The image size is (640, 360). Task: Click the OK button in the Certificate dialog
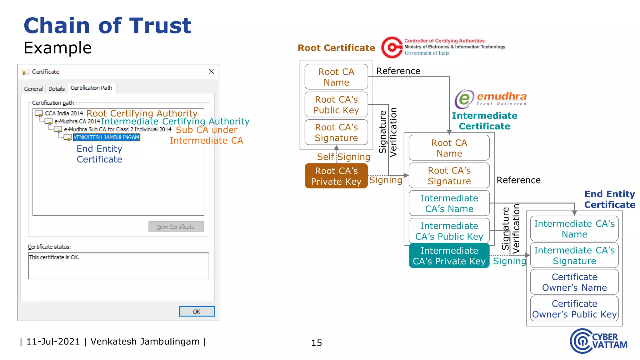(197, 311)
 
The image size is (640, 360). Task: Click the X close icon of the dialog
(211, 72)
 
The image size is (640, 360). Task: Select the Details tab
(56, 89)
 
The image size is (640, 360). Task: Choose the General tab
(33, 89)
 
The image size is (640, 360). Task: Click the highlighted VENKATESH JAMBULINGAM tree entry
(106, 137)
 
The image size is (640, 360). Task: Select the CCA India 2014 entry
(64, 113)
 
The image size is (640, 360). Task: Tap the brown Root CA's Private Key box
(336, 176)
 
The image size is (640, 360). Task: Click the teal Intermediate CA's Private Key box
(449, 256)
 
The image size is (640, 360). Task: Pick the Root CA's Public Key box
(336, 105)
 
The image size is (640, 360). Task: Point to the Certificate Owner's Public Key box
(574, 309)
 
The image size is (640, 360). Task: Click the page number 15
(316, 343)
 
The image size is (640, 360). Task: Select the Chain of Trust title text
(107, 26)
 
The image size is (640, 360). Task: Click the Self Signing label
(343, 157)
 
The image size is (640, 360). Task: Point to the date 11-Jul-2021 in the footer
(53, 341)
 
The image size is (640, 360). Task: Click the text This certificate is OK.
(54, 257)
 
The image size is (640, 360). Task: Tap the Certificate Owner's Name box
(574, 282)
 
